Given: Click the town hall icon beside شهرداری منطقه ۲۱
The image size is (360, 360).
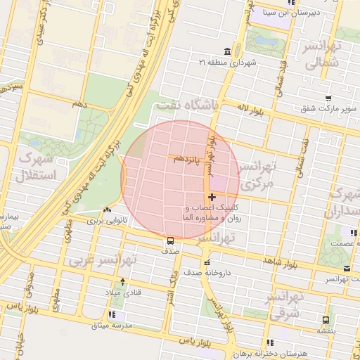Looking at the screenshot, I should tap(227, 53).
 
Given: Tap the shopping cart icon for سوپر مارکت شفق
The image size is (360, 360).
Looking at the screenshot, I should tap(328, 98).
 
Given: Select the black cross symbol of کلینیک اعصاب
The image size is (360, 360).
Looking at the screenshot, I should tap(212, 198).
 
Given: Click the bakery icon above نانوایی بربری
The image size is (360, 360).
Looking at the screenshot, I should tap(106, 210).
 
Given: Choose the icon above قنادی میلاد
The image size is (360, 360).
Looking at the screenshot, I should tap(123, 281).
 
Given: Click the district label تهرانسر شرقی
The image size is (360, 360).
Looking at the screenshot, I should tap(284, 304).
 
